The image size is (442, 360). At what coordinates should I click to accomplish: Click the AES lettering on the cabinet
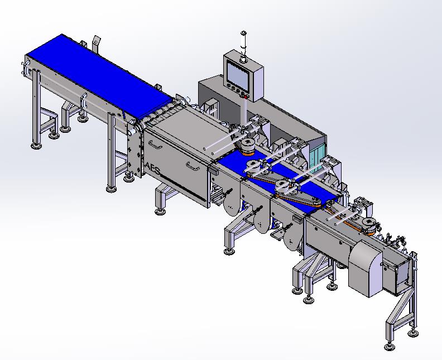(152, 169)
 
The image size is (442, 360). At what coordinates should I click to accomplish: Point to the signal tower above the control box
(243, 46)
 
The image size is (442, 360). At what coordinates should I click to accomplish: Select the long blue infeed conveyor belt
(99, 76)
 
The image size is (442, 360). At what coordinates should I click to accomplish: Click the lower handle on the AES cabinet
(193, 165)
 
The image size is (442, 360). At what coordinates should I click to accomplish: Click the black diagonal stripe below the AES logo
(184, 188)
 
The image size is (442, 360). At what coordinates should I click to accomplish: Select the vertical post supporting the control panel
(243, 112)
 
